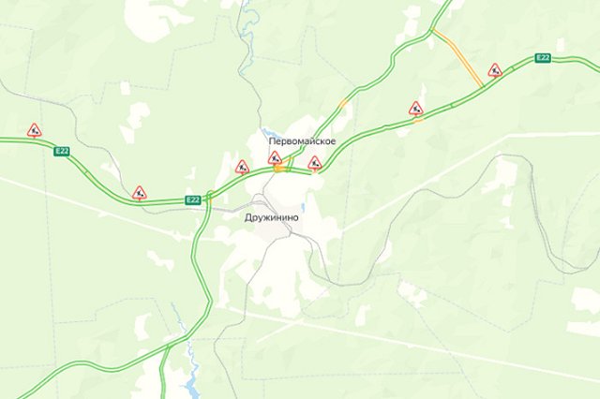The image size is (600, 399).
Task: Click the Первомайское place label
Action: [x=301, y=141]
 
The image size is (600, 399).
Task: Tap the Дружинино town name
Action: [x=271, y=217]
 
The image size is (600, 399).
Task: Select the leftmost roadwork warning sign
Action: [x=35, y=130]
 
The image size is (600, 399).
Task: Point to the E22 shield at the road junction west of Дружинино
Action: [x=193, y=199]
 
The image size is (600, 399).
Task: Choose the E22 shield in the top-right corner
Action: [x=543, y=58]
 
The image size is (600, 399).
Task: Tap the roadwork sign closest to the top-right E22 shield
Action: [x=495, y=70]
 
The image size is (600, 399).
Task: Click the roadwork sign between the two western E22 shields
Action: [x=139, y=193]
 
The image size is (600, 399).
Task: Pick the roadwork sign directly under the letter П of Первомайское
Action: [x=275, y=158]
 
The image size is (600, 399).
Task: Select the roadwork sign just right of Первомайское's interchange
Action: [x=315, y=163]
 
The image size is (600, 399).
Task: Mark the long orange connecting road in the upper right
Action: [x=459, y=58]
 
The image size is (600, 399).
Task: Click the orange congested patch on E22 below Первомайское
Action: [x=280, y=170]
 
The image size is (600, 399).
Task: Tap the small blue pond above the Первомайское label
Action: [x=270, y=133]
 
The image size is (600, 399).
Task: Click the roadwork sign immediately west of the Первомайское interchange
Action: [x=242, y=168]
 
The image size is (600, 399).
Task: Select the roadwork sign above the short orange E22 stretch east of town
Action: [x=415, y=108]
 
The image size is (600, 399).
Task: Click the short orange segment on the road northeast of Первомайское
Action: [x=344, y=101]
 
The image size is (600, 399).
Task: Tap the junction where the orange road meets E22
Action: [x=482, y=87]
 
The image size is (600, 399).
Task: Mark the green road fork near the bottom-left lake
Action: [x=168, y=349]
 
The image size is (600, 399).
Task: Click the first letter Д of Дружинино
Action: [x=247, y=217]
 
